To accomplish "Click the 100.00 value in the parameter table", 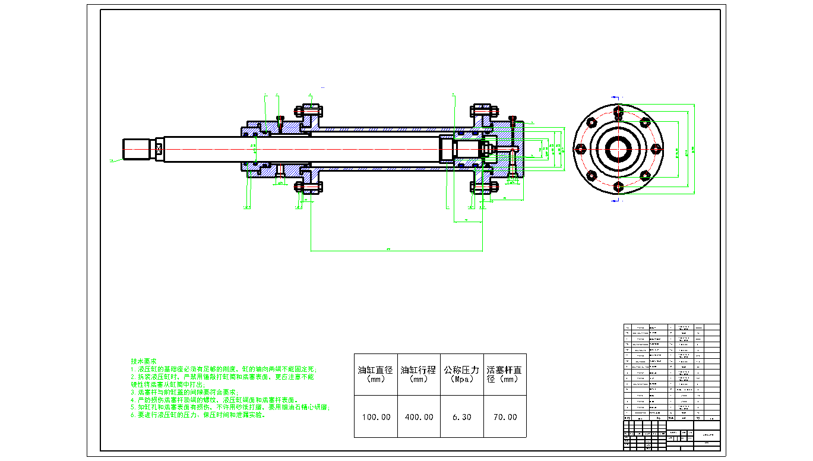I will pos(377,417).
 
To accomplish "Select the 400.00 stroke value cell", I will pos(419,417).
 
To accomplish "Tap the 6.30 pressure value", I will pos(461,417).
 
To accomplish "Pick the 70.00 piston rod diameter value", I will pos(505,417).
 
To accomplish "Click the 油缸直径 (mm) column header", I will pos(375,374).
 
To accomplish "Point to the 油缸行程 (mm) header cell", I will pos(419,374).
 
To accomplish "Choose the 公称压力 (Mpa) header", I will pos(461,374).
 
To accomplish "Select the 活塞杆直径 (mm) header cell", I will pos(505,374).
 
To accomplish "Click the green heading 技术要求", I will pos(144,361).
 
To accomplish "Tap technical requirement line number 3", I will pos(184,392).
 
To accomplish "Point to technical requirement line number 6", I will pos(198,415).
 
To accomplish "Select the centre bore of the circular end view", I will pos(618,149).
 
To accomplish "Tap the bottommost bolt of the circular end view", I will pos(618,187).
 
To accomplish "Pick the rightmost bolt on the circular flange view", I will pos(656,149).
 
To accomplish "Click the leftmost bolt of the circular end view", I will pos(580,149).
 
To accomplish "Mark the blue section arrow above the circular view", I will pos(616,97).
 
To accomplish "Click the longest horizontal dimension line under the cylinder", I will pos(397,251).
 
